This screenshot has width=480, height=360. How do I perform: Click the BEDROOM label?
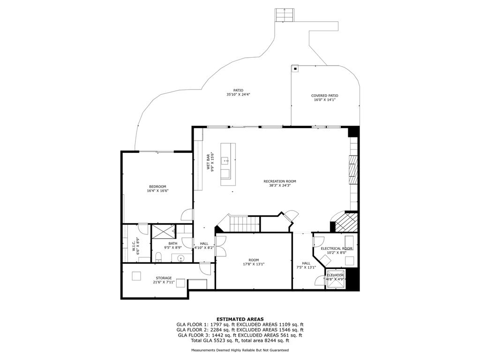tap(157, 187)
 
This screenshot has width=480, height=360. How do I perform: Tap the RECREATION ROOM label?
tap(279, 181)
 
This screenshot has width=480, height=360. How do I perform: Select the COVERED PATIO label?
tap(324, 96)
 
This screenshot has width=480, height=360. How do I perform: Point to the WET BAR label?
tap(209, 162)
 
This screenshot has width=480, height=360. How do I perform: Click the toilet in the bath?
tap(158, 256)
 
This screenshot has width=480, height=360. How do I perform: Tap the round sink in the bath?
tap(181, 257)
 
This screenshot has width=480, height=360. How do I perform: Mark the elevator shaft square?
tap(335, 277)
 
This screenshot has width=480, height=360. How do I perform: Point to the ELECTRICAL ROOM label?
tap(336, 248)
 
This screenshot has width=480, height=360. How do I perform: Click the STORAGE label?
tap(164, 278)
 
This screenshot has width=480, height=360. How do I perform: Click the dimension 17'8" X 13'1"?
tap(254, 264)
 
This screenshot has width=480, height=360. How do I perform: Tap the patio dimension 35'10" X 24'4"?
tap(238, 95)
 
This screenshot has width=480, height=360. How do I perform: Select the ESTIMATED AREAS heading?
tap(240, 319)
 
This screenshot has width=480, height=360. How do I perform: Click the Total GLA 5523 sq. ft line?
tap(240, 340)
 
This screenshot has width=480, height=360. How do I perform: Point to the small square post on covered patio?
tap(295, 69)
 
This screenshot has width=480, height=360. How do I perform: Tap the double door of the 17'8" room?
tap(220, 246)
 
